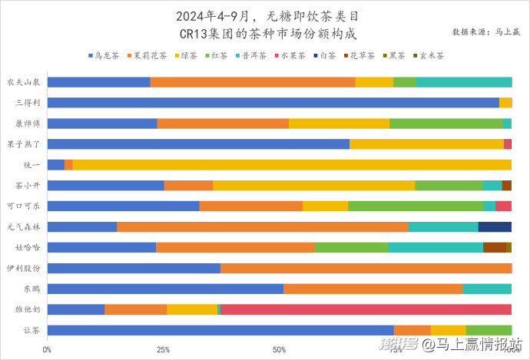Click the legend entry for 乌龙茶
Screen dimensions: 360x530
point(104,56)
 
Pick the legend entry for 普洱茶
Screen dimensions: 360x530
point(250,56)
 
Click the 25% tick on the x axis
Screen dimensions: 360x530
point(163,349)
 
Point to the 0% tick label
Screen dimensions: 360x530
point(48,349)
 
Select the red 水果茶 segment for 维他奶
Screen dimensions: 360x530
point(366,309)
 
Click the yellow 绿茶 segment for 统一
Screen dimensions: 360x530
point(292,164)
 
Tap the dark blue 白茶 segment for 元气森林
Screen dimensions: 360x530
point(495,226)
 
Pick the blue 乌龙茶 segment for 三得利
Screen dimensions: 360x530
point(273,102)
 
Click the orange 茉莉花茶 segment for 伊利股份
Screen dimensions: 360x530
point(366,268)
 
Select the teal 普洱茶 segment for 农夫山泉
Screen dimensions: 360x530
point(463,81)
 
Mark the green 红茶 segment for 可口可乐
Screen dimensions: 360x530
point(416,206)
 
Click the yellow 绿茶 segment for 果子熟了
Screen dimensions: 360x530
point(426,144)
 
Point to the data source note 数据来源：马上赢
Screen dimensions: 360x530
point(486,32)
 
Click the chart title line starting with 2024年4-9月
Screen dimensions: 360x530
point(267,16)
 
